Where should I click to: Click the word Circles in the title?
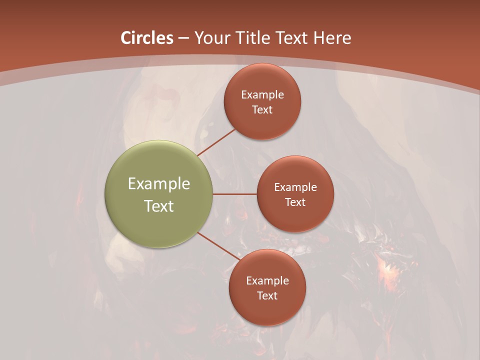click(x=147, y=38)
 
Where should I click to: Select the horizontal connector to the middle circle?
click(x=234, y=194)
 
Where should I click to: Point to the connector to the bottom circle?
click(x=218, y=246)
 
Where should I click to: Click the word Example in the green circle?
click(x=159, y=184)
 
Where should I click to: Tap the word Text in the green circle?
click(x=159, y=206)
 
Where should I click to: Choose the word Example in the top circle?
click(x=262, y=94)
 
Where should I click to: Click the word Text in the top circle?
click(x=262, y=109)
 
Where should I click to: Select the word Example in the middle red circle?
click(x=295, y=187)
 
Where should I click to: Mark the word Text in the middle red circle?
click(x=295, y=202)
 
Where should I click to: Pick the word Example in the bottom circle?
click(x=267, y=280)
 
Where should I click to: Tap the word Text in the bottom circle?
click(x=267, y=295)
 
